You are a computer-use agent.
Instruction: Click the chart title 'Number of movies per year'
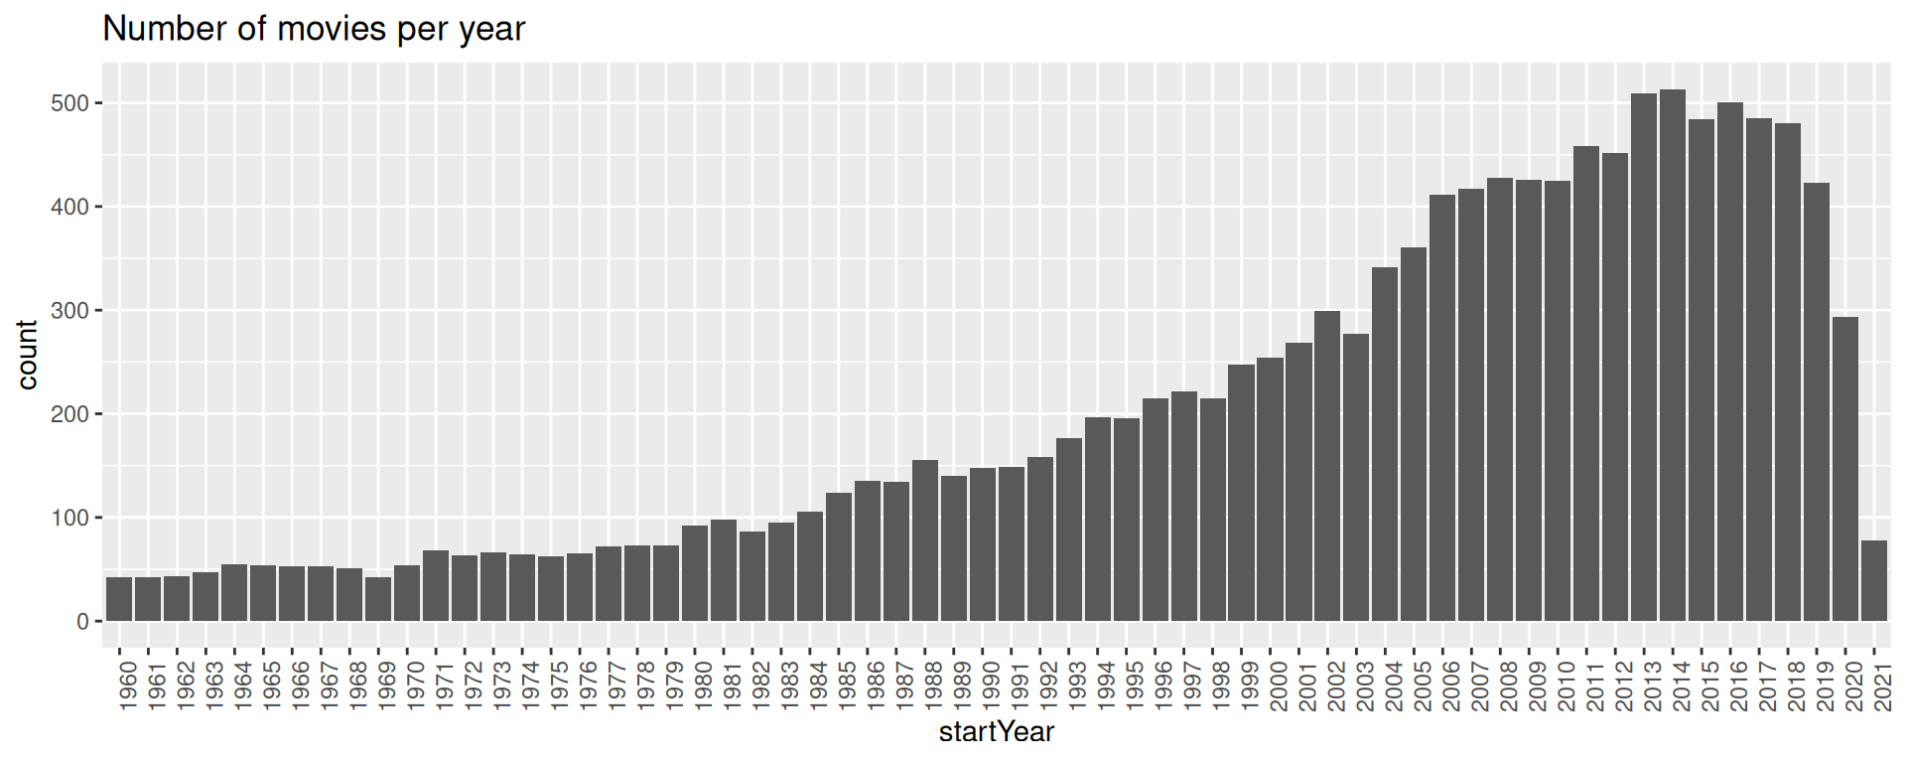click(x=314, y=29)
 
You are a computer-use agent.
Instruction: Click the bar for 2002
click(x=1327, y=466)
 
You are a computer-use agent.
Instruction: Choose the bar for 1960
click(x=119, y=599)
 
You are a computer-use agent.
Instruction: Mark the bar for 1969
click(x=378, y=599)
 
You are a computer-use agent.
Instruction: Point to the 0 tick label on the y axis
click(x=82, y=622)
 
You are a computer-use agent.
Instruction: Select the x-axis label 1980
click(x=702, y=687)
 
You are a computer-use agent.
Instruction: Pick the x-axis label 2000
click(x=1278, y=687)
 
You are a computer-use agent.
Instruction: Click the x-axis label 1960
click(x=127, y=687)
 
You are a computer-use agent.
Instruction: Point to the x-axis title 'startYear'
click(x=996, y=733)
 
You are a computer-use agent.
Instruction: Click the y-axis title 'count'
click(x=27, y=355)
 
